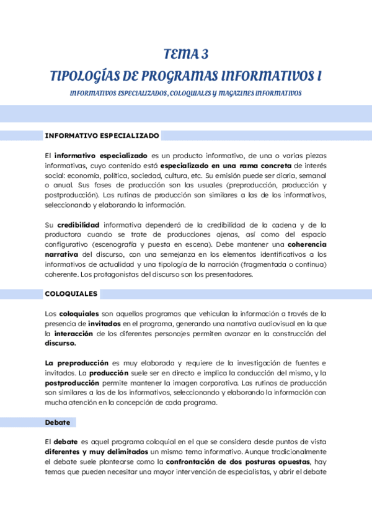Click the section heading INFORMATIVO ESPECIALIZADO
tap(102, 135)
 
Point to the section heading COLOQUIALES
tap(71, 293)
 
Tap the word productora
tap(62, 234)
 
